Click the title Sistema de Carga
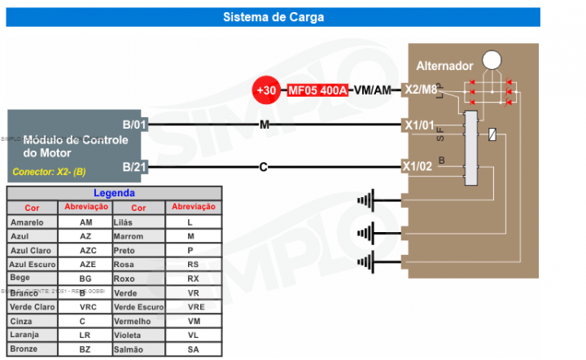pos(273,16)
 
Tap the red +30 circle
pos(267,90)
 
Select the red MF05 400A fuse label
pos(317,90)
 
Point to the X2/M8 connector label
pos(421,90)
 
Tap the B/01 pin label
pos(134,125)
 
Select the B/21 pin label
pos(134,167)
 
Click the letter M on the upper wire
pos(263,125)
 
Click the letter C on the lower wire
pos(263,167)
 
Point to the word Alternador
pos(444,65)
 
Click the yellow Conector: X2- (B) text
pos(49,173)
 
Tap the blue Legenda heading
pos(114,194)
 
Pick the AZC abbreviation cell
pos(87,250)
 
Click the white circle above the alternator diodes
pos(491,59)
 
